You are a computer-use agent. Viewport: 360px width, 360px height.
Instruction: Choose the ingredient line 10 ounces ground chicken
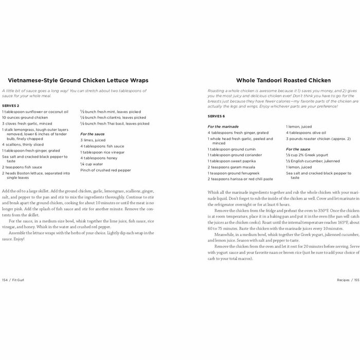26,117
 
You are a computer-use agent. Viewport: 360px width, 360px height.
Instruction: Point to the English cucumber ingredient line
312,160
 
